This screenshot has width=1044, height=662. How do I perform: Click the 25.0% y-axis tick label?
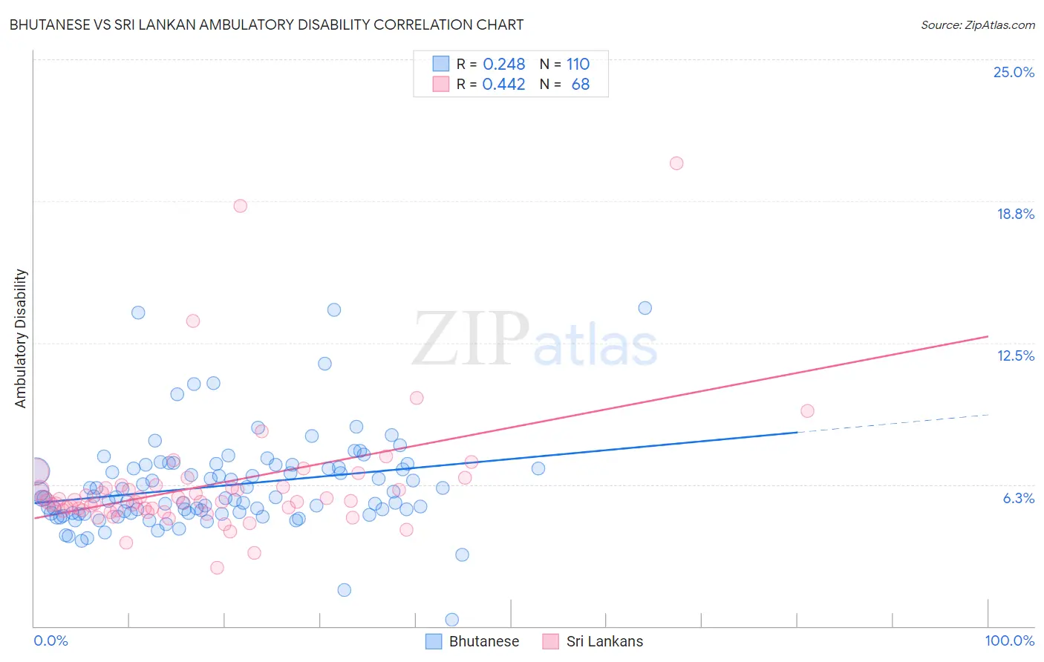(x=1014, y=72)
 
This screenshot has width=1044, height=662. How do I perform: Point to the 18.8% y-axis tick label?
(x=1015, y=214)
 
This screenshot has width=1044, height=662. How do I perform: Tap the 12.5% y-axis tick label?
(x=1015, y=355)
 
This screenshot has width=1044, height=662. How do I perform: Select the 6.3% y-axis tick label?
(x=1018, y=498)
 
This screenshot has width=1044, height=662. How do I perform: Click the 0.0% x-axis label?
(x=50, y=640)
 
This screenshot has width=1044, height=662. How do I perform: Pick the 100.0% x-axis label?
(x=1009, y=640)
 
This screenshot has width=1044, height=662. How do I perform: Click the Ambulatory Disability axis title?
(x=21, y=338)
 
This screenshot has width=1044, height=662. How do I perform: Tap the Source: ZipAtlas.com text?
(x=977, y=24)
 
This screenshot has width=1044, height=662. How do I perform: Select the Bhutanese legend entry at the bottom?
(x=472, y=641)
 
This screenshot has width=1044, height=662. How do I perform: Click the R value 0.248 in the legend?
(x=503, y=64)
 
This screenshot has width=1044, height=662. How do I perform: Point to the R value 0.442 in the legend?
(x=503, y=84)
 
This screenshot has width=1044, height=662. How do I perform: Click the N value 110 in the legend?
(x=578, y=64)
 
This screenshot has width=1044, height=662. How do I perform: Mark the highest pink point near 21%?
(x=676, y=163)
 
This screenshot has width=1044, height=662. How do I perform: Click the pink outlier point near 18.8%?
(x=240, y=206)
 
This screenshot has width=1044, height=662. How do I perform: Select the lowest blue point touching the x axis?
(x=451, y=619)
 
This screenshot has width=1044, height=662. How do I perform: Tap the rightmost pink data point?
(x=807, y=410)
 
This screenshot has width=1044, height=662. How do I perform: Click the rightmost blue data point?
(x=645, y=308)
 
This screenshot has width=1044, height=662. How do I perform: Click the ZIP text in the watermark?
(x=471, y=339)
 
